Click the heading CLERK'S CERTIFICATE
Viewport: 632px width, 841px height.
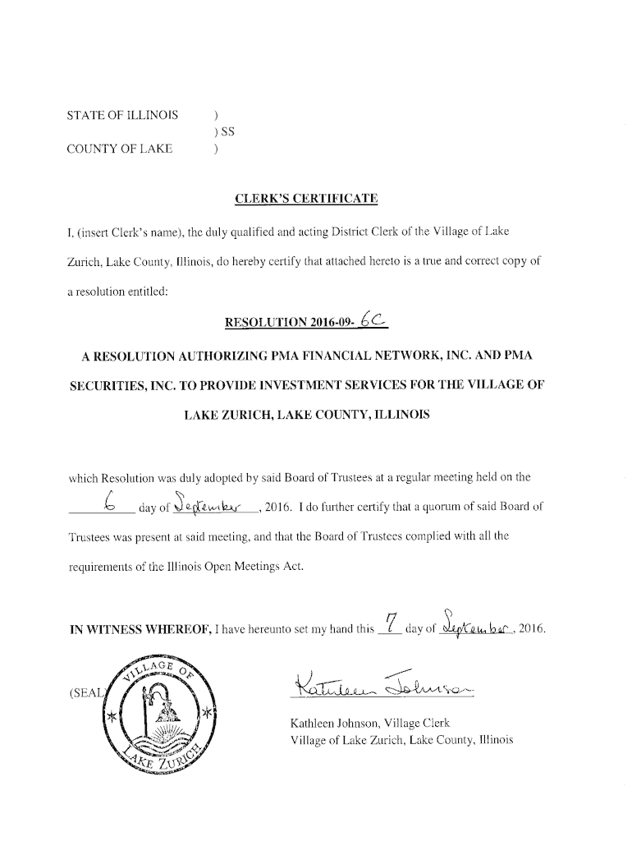306,198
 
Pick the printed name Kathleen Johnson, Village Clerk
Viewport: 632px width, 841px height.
370,724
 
